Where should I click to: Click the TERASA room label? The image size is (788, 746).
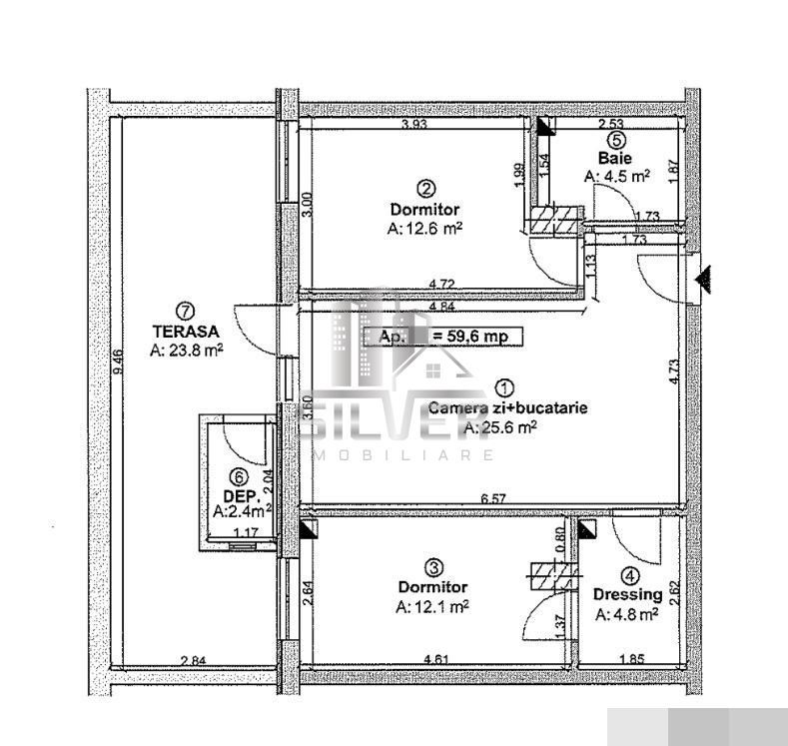coord(185,331)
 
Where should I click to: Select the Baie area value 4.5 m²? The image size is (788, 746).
coord(616,175)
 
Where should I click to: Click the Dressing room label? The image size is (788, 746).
coord(627,594)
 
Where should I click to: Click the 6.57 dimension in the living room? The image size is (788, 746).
coord(496,498)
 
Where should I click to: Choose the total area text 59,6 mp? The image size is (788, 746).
coord(469,337)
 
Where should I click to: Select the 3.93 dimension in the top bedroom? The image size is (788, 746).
coord(415,125)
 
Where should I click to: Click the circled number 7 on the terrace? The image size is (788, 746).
coord(183,311)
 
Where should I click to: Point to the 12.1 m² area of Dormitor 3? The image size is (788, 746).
coord(432,606)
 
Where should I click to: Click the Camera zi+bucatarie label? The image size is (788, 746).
coord(507,407)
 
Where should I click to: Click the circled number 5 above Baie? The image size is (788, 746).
coord(616,141)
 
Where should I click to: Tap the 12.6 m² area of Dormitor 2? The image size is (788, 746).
coord(423,228)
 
